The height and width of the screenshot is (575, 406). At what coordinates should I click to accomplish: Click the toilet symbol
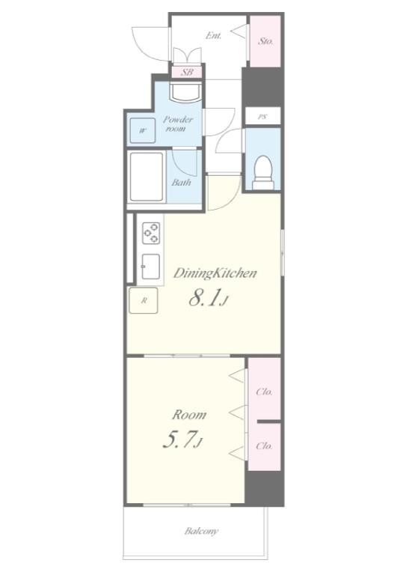pyautogui.click(x=263, y=172)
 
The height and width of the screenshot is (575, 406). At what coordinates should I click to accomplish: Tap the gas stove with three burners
pyautogui.click(x=151, y=233)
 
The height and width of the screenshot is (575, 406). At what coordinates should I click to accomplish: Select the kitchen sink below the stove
pyautogui.click(x=150, y=267)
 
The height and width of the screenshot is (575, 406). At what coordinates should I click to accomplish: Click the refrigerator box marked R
pyautogui.click(x=144, y=301)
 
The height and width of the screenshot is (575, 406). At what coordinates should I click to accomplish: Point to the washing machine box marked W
pyautogui.click(x=142, y=130)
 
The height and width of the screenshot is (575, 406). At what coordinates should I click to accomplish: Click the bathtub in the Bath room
pyautogui.click(x=147, y=177)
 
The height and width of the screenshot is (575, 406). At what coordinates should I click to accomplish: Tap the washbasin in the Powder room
pyautogui.click(x=185, y=91)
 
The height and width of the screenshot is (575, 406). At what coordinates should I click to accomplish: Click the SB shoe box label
pyautogui.click(x=187, y=72)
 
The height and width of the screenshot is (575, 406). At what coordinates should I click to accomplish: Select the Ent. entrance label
pyautogui.click(x=213, y=36)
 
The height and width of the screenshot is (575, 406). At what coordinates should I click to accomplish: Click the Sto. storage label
pyautogui.click(x=265, y=41)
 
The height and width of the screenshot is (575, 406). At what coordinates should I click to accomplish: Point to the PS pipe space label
pyautogui.click(x=262, y=117)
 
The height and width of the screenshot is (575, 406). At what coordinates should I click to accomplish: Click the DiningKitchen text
pyautogui.click(x=215, y=273)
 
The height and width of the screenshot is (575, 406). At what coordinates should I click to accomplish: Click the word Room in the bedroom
pyautogui.click(x=189, y=415)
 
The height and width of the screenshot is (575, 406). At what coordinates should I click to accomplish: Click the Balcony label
pyautogui.click(x=201, y=531)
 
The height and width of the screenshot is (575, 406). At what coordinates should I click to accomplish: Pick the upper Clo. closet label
pyautogui.click(x=265, y=392)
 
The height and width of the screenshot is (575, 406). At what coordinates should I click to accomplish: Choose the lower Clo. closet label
pyautogui.click(x=265, y=446)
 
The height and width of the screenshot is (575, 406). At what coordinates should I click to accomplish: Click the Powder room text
pyautogui.click(x=178, y=124)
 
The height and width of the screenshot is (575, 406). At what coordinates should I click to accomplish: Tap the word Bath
pyautogui.click(x=182, y=182)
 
